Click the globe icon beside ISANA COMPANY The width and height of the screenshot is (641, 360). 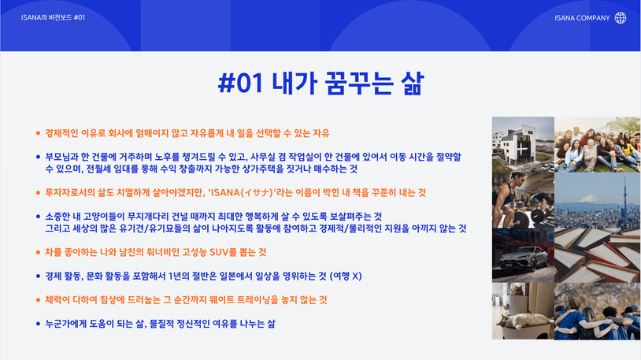[x=621, y=17]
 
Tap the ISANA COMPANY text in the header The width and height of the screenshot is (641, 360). [x=582, y=18]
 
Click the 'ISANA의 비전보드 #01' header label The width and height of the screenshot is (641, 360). [x=53, y=17]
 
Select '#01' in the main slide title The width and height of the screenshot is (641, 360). [x=240, y=83]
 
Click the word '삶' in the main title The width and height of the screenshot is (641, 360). [x=412, y=84]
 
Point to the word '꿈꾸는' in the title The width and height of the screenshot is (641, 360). [x=359, y=84]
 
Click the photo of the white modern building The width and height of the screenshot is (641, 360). [x=523, y=144]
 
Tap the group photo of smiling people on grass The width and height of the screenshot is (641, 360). [x=597, y=144]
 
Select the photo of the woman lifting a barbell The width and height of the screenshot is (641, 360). [x=523, y=200]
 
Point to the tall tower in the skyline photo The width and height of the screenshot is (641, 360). [x=625, y=195]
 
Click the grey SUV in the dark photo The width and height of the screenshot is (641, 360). [x=524, y=258]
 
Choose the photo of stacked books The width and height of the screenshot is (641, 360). [x=597, y=255]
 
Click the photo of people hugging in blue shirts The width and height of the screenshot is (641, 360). [x=597, y=311]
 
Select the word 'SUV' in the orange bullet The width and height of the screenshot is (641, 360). [x=219, y=252]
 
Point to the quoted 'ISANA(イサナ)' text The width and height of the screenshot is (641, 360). [x=241, y=193]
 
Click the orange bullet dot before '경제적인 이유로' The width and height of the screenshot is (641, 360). [x=38, y=133]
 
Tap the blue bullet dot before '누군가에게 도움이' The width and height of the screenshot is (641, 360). [x=38, y=324]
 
